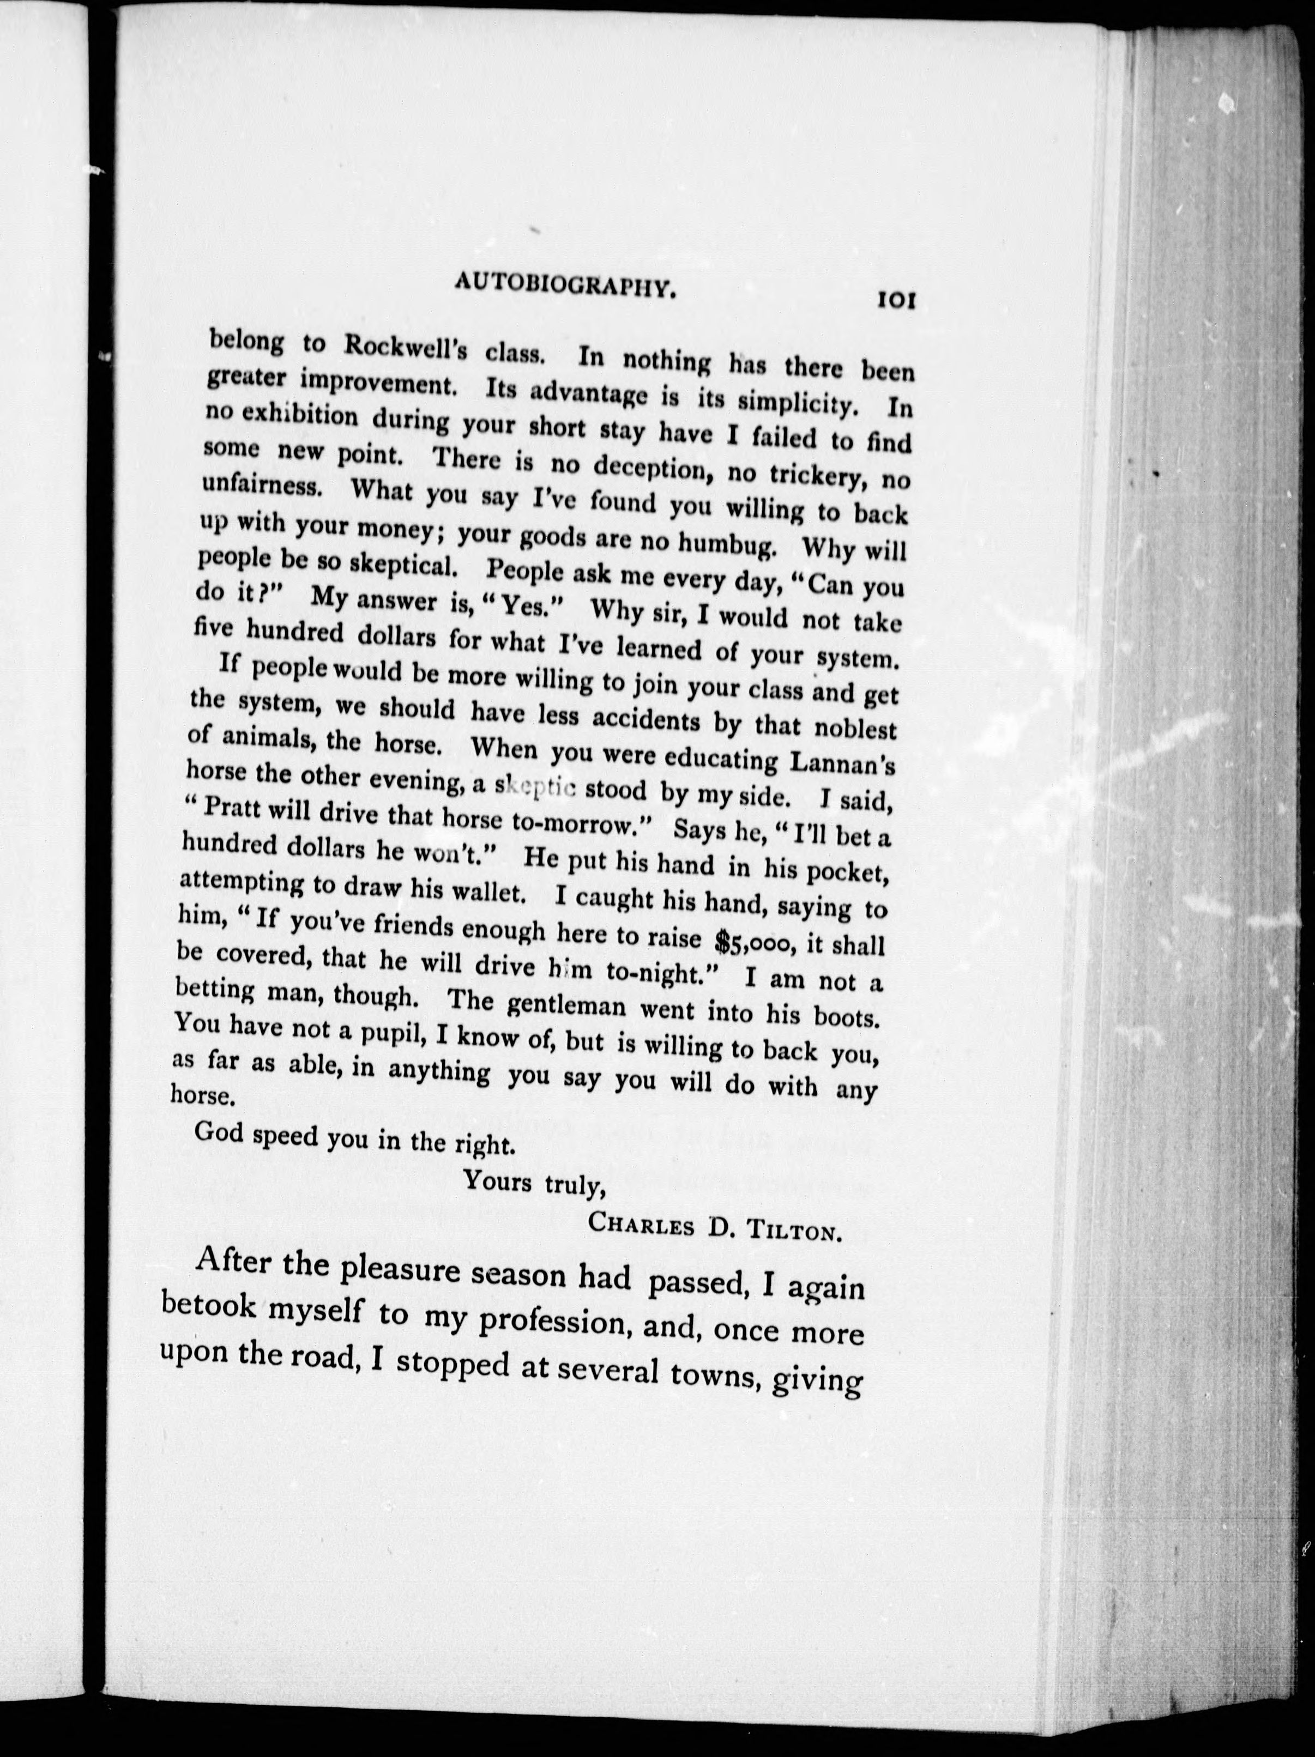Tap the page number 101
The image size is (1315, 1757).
pos(897,301)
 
